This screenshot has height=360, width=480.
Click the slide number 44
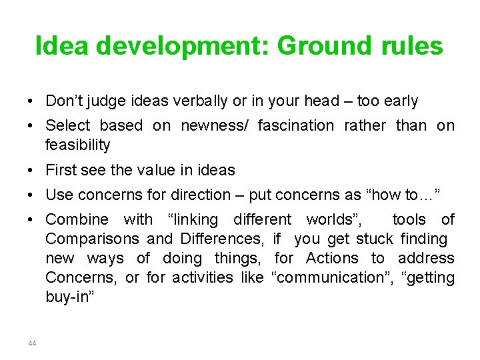[32, 343]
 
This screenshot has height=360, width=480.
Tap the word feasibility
[77, 145]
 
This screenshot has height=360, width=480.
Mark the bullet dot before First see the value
[32, 170]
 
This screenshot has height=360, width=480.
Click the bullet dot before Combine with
[32, 219]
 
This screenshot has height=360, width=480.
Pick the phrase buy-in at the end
[69, 297]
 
